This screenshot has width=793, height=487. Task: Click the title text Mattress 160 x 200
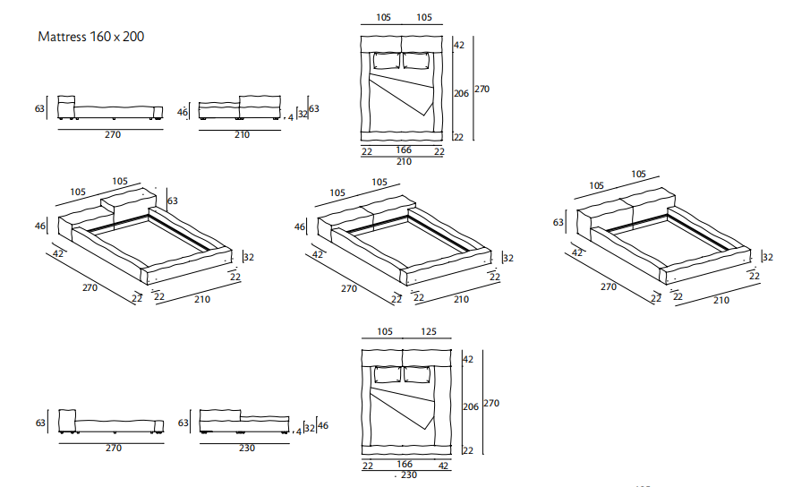click(x=91, y=37)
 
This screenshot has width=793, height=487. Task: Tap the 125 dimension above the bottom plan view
click(x=428, y=332)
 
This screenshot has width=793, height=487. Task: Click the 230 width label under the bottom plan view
click(x=408, y=475)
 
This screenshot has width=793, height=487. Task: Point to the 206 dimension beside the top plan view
click(x=461, y=93)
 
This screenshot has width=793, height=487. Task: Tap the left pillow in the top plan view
click(x=386, y=61)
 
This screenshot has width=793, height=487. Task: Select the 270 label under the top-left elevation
click(x=112, y=135)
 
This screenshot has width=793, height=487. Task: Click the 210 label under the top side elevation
click(x=241, y=135)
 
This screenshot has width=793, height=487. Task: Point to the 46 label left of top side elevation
click(x=183, y=112)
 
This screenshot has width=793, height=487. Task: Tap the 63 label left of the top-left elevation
click(x=39, y=109)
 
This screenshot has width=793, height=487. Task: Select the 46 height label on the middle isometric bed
click(x=300, y=227)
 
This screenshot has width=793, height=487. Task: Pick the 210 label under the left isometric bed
click(x=202, y=299)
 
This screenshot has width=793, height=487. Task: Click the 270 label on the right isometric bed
click(x=610, y=286)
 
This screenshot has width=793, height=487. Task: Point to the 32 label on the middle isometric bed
click(x=508, y=258)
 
